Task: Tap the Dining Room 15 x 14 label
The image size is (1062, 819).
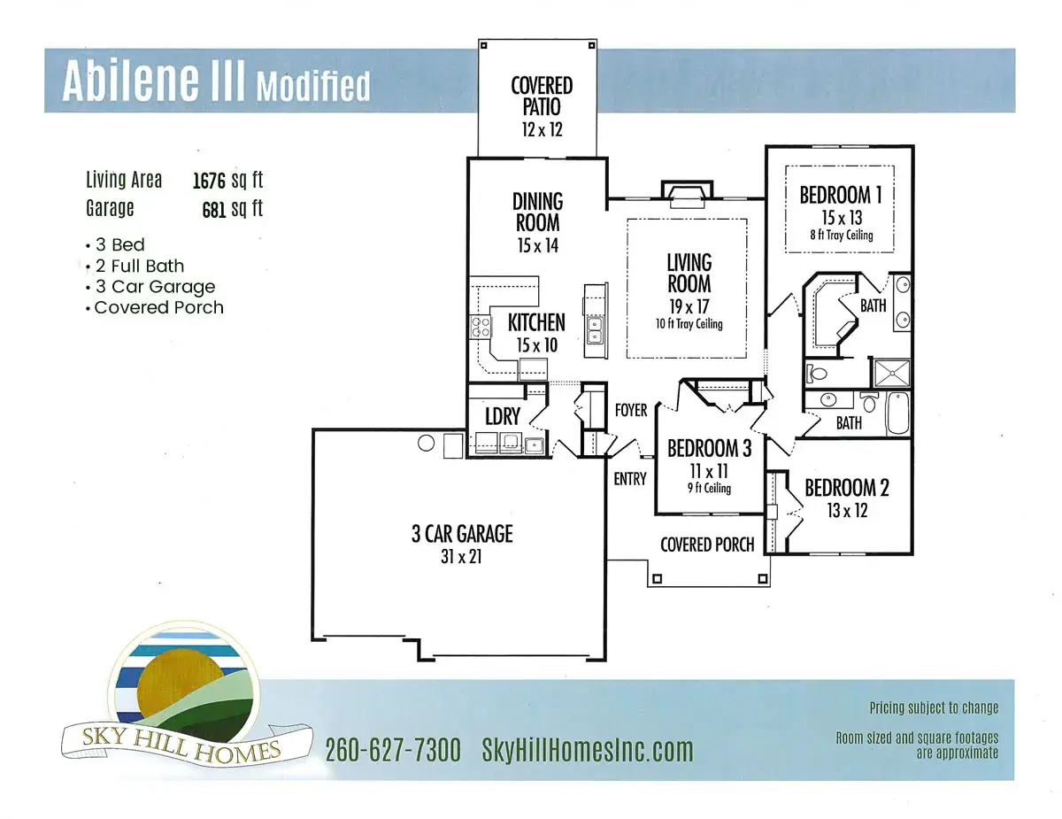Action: click(537, 224)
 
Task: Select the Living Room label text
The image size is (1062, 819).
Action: click(689, 274)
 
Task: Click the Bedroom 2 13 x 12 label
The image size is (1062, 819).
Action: click(846, 498)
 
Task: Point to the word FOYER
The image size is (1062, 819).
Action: click(631, 410)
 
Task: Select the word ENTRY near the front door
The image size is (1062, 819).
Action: click(630, 479)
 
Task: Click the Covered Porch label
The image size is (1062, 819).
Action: click(707, 544)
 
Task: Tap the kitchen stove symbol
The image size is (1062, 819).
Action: click(480, 327)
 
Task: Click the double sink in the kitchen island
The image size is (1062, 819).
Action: click(595, 330)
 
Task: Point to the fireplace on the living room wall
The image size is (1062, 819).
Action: click(686, 195)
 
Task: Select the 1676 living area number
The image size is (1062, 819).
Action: click(210, 181)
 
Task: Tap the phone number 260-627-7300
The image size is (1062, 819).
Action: click(392, 751)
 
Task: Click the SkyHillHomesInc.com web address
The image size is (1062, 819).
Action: click(587, 751)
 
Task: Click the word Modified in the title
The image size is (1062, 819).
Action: click(312, 86)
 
